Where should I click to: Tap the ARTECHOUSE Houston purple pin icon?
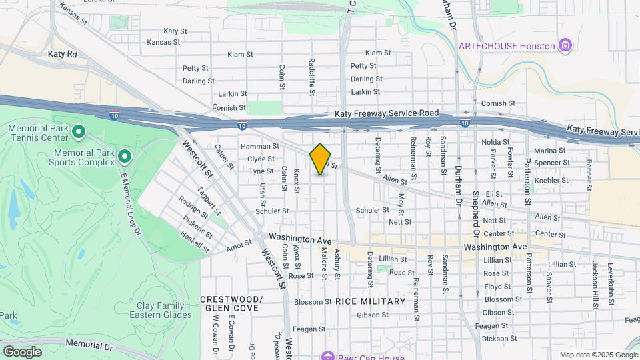(565, 45)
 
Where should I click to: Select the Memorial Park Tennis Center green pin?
(79, 131)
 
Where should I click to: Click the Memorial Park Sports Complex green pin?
(124, 157)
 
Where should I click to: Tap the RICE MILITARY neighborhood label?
(370, 301)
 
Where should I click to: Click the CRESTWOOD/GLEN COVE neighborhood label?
(231, 303)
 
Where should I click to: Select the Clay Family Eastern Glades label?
(164, 310)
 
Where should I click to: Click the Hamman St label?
(259, 146)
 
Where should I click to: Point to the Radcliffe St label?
(311, 75)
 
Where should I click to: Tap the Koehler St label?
(550, 180)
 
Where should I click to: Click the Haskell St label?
(195, 244)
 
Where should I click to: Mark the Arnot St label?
(239, 245)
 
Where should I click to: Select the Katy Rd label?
(63, 53)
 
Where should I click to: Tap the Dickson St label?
(495, 339)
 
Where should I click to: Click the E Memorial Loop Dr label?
(130, 203)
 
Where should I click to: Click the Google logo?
(22, 351)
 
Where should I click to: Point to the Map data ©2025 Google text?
(598, 355)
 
